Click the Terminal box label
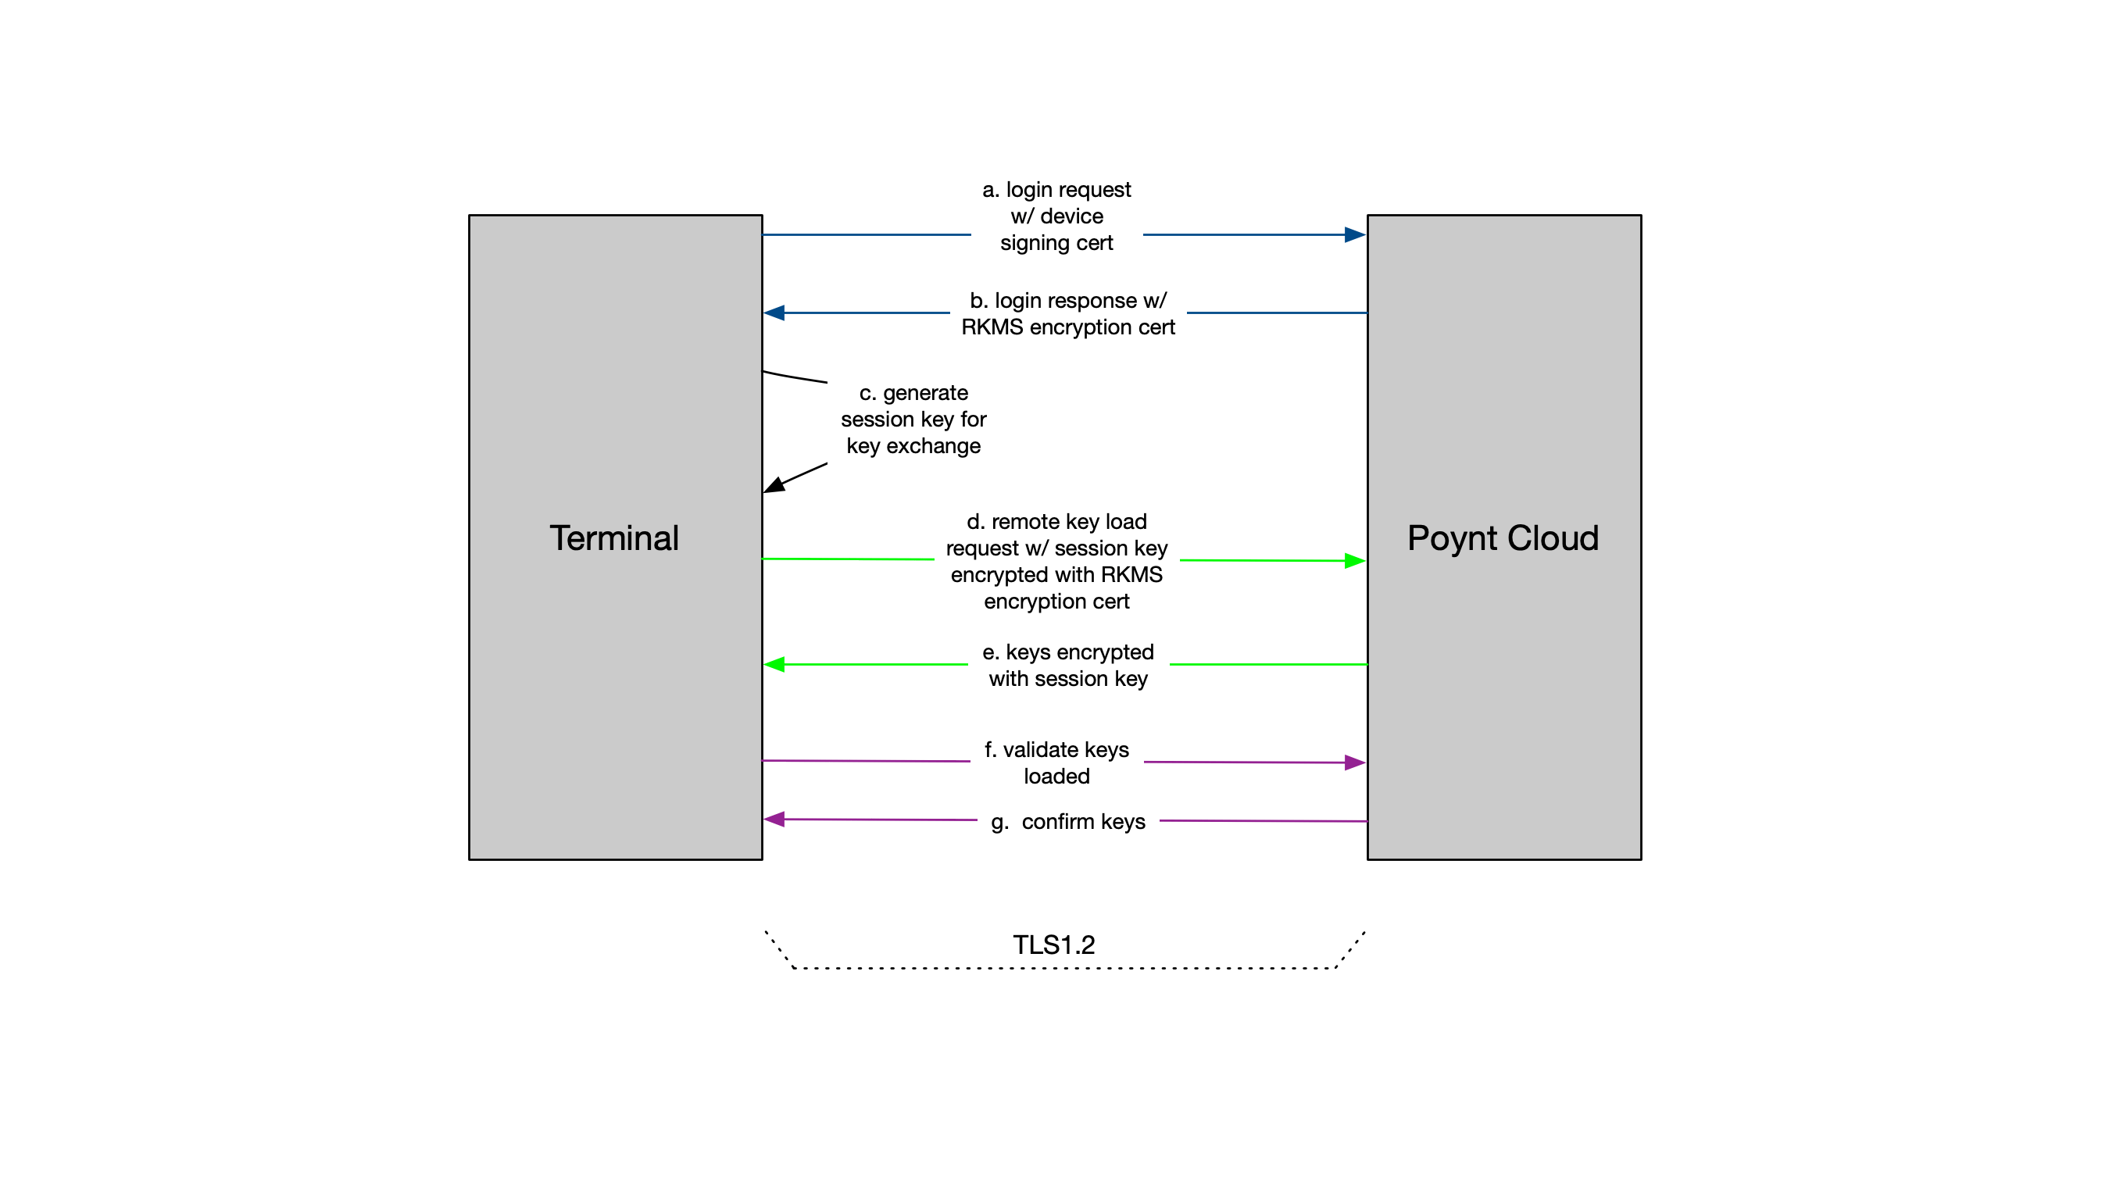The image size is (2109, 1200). pos(614,538)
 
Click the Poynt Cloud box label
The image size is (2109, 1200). pos(1503,538)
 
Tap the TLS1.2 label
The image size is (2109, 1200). pos(1053,945)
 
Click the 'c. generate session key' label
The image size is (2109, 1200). pos(913,420)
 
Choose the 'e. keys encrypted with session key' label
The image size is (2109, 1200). pos(1067,665)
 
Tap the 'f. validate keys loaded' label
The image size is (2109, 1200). pos(1056,762)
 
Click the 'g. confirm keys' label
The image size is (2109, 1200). pos(1067,822)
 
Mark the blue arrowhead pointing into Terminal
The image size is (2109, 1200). pos(775,313)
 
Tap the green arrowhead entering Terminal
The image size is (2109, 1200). pos(775,664)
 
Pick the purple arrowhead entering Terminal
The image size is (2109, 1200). pos(775,820)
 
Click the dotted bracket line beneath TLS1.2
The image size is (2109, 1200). pos(1063,969)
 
